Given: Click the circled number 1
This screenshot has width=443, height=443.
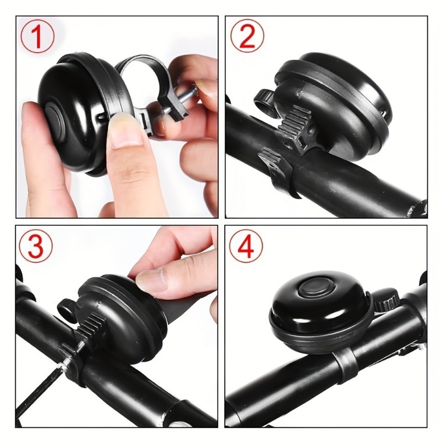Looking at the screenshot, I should [37, 36].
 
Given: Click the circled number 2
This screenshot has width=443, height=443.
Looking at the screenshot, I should [247, 36].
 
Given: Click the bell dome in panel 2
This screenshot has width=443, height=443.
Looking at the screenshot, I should [341, 84].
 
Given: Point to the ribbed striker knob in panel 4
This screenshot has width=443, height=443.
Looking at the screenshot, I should [386, 301].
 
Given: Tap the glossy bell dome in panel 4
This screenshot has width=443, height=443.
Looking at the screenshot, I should [306, 310].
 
